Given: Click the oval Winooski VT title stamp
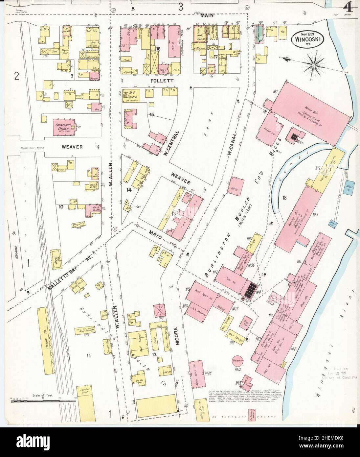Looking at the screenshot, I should pos(307,39).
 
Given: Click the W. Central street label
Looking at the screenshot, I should pos(172,142).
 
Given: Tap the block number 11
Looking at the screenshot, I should pos(88,355).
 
